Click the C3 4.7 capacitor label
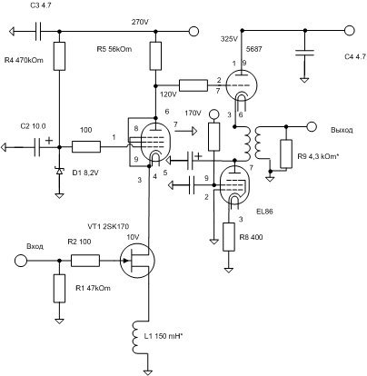pos(42,5)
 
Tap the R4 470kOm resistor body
pos(59,56)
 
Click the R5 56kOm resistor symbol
pos(155,56)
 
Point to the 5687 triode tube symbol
pos(242,85)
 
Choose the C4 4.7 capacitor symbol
pos(304,53)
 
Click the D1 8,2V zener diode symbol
pos(59,171)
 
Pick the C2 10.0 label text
pos(34,126)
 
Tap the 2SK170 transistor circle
pos(137,261)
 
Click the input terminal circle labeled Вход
pos(21,261)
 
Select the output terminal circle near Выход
pos(312,126)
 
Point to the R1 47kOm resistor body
pos(59,289)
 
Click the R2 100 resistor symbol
pos(85,261)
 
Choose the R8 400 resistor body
pos(229,237)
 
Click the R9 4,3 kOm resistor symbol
pos(286,154)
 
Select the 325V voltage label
pos(230,39)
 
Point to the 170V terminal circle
pos(214,114)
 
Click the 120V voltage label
pos(169,94)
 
